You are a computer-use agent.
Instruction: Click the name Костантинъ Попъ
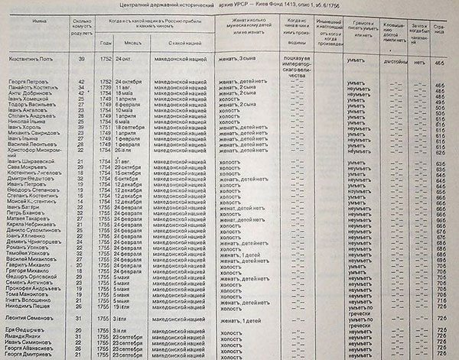29,58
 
